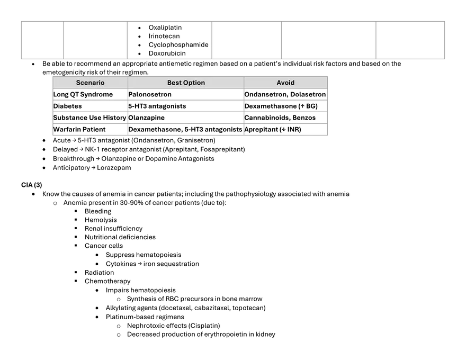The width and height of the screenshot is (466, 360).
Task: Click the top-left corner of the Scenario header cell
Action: pyautogui.click(x=53, y=77)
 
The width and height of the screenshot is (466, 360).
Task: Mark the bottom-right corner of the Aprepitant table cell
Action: pyautogui.click(x=327, y=135)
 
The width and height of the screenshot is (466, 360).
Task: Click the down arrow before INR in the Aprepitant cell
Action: pyautogui.click(x=283, y=130)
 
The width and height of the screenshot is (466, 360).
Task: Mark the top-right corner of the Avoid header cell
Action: pyautogui.click(x=327, y=77)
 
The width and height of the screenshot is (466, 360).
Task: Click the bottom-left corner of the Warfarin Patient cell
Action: pyautogui.click(x=53, y=135)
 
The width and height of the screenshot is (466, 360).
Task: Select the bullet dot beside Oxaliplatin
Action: pyautogui.click(x=139, y=28)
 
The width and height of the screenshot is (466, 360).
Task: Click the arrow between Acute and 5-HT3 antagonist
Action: pyautogui.click(x=74, y=140)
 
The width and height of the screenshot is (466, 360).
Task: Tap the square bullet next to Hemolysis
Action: pyautogui.click(x=76, y=220)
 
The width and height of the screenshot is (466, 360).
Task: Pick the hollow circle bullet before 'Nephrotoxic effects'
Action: pyautogui.click(x=119, y=326)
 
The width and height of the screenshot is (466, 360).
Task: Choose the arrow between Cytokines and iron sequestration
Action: pyautogui.click(x=140, y=264)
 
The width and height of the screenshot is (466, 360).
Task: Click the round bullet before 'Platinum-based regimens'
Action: pyautogui.click(x=97, y=317)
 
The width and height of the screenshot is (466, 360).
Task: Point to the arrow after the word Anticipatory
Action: pyautogui.click(x=93, y=168)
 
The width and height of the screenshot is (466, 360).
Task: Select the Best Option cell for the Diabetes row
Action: pyautogui.click(x=186, y=106)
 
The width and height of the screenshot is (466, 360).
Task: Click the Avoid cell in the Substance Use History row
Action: pyautogui.click(x=285, y=118)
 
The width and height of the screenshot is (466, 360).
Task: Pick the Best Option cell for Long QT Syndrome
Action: pyautogui.click(x=186, y=94)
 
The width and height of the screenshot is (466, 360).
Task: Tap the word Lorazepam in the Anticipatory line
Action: pyautogui.click(x=114, y=168)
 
